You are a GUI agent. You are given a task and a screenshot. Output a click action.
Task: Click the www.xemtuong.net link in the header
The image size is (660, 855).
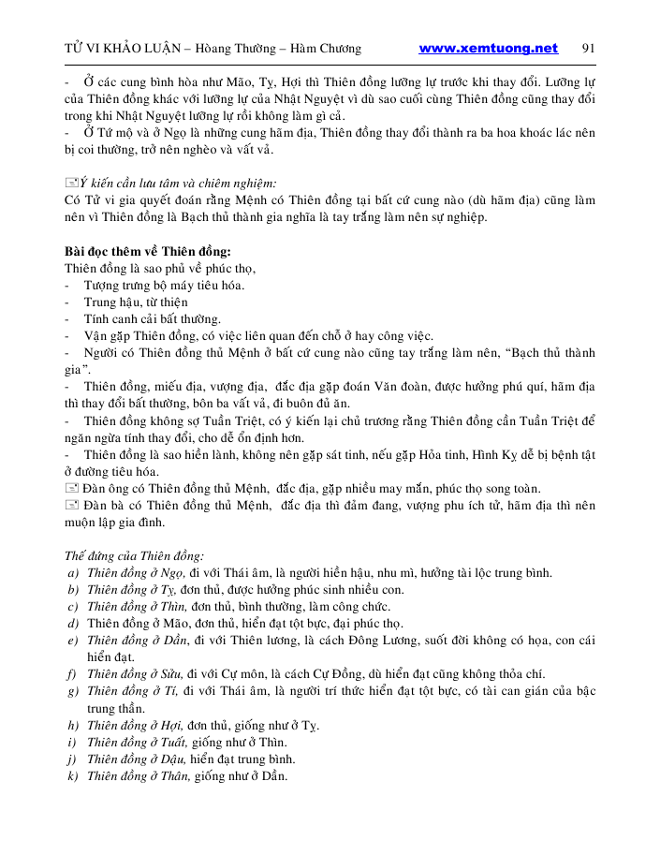[488, 49]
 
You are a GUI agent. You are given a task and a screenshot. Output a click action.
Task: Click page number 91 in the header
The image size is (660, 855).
[589, 49]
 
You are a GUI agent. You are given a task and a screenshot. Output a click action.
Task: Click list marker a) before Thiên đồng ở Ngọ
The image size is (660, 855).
[72, 573]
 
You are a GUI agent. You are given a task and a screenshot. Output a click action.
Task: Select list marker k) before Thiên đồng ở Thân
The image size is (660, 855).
[72, 775]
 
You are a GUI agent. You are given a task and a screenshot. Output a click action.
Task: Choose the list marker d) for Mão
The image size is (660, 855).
[72, 624]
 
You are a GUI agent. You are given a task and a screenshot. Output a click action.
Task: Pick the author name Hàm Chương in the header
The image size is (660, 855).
[324, 50]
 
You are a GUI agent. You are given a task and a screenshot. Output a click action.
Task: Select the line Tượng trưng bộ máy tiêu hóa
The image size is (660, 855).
[164, 286]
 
